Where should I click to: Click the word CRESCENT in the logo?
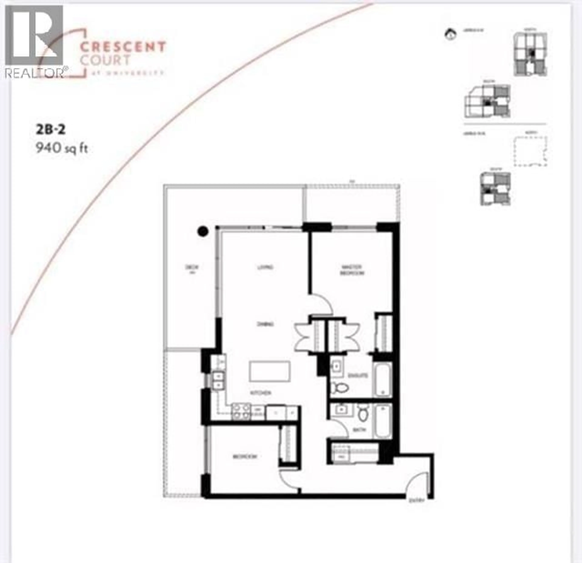click(123, 47)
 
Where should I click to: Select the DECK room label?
click(192, 267)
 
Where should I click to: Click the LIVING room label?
click(265, 267)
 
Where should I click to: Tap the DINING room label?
click(265, 324)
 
